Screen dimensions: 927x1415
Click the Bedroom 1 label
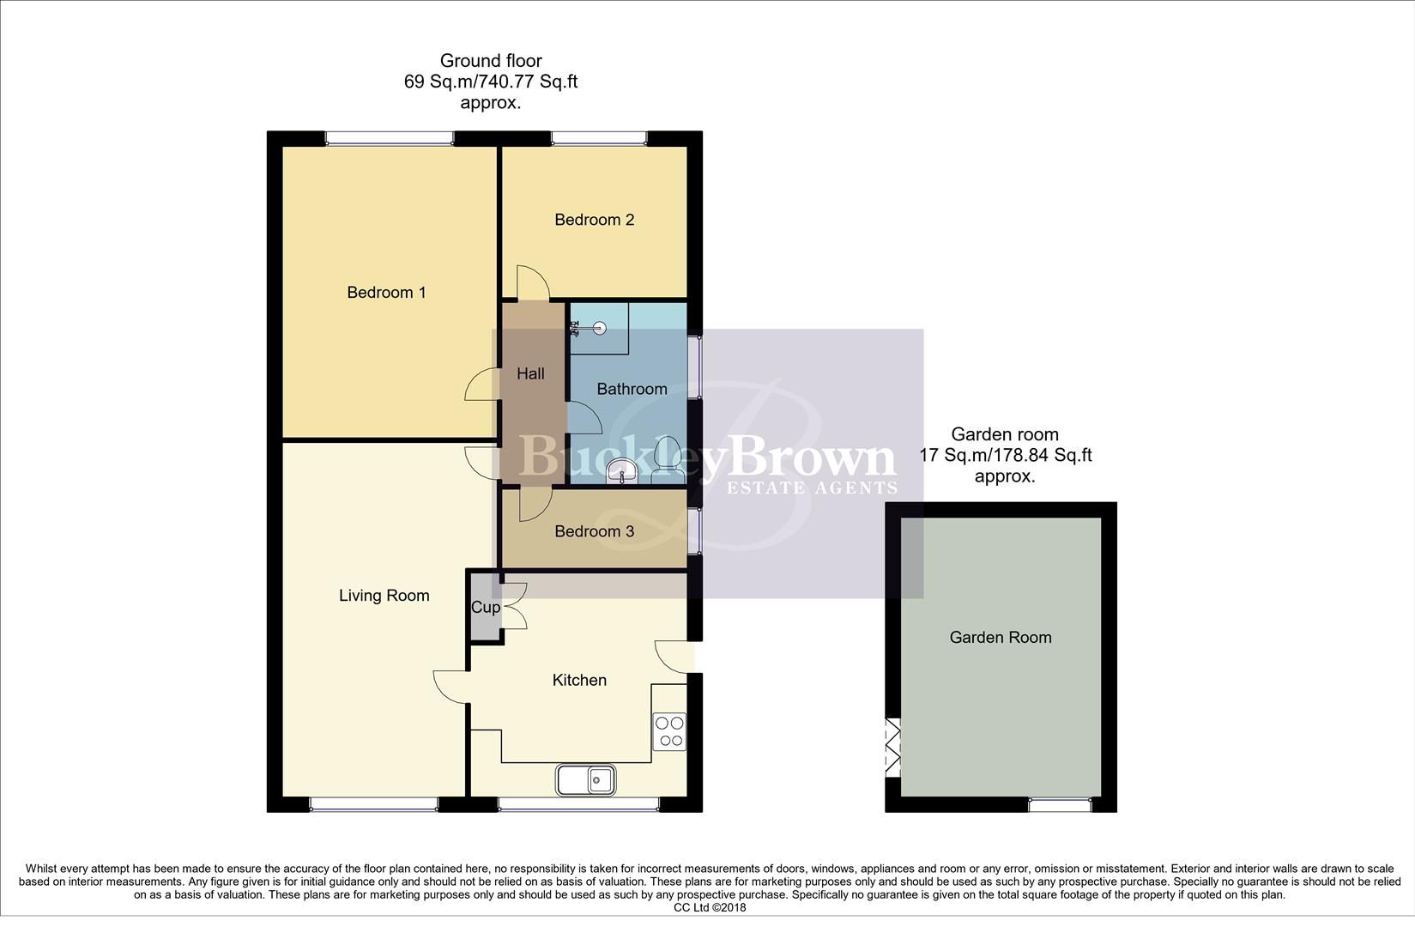386,293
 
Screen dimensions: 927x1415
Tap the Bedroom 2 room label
594,220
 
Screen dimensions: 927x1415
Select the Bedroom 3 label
594,531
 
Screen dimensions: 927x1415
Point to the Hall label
530,374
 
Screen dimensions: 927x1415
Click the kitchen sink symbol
586,779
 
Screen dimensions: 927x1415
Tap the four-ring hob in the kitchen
669,731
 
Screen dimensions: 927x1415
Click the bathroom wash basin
620,471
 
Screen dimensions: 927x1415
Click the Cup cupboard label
486,608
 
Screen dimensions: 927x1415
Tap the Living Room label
384,596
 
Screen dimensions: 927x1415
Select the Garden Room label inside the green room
1000,637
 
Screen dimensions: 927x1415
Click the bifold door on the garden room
893,747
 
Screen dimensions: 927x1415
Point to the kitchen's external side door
674,657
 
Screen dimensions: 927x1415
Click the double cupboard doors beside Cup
513,607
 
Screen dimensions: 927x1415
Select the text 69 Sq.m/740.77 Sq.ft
490,82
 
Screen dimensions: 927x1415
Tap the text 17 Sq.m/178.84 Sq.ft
1005,455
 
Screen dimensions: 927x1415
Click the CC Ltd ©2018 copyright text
710,907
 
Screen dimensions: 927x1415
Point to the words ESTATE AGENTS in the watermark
811,488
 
